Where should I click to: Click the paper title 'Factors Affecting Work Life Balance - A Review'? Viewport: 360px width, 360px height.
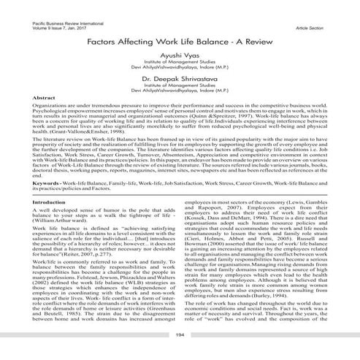(180, 42)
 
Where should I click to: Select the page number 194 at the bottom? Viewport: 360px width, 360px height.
(180, 334)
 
